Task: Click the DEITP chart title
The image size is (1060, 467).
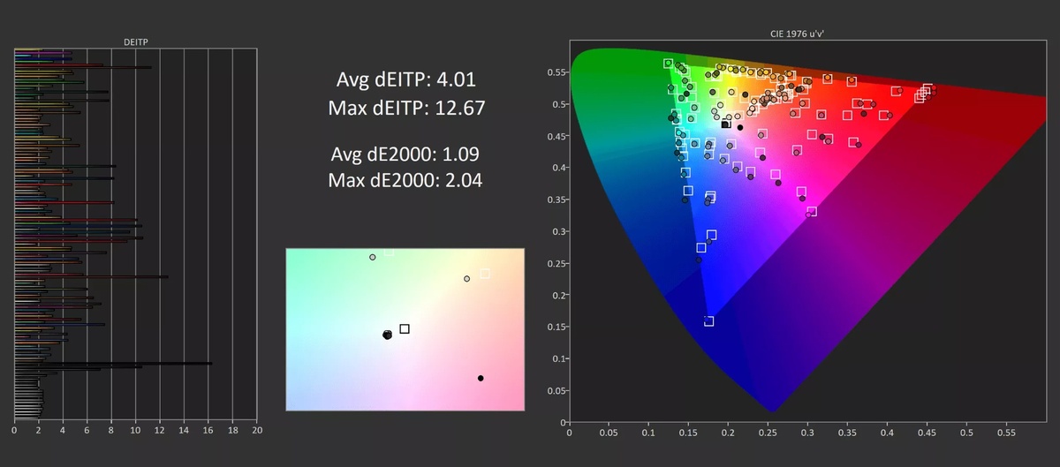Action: coord(136,42)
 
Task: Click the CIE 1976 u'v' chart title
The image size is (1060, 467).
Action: coord(797,34)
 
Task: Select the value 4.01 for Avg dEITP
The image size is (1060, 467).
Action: coord(456,79)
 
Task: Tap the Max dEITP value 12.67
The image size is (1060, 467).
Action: coord(460,109)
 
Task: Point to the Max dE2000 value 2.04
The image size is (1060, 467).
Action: coord(463,180)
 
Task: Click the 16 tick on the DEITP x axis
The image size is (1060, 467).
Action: coord(208,430)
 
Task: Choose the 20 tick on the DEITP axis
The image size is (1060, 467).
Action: coord(257,430)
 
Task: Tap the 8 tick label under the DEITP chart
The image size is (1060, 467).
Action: coord(111,430)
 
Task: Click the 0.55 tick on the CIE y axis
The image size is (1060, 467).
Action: coord(557,72)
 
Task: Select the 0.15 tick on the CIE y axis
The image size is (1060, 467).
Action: coord(557,327)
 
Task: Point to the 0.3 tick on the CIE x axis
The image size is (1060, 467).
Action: coord(807,433)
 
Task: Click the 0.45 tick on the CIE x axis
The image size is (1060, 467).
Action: coord(927,433)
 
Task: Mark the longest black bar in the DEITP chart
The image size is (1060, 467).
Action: coord(113,364)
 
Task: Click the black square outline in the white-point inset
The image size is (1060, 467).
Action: coord(405,328)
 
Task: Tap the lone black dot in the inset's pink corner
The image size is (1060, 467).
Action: coord(481,378)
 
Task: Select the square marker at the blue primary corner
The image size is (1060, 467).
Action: coord(708,321)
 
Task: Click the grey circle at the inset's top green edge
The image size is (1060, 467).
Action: coord(373,258)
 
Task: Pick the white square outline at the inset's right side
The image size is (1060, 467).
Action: coord(485,274)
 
